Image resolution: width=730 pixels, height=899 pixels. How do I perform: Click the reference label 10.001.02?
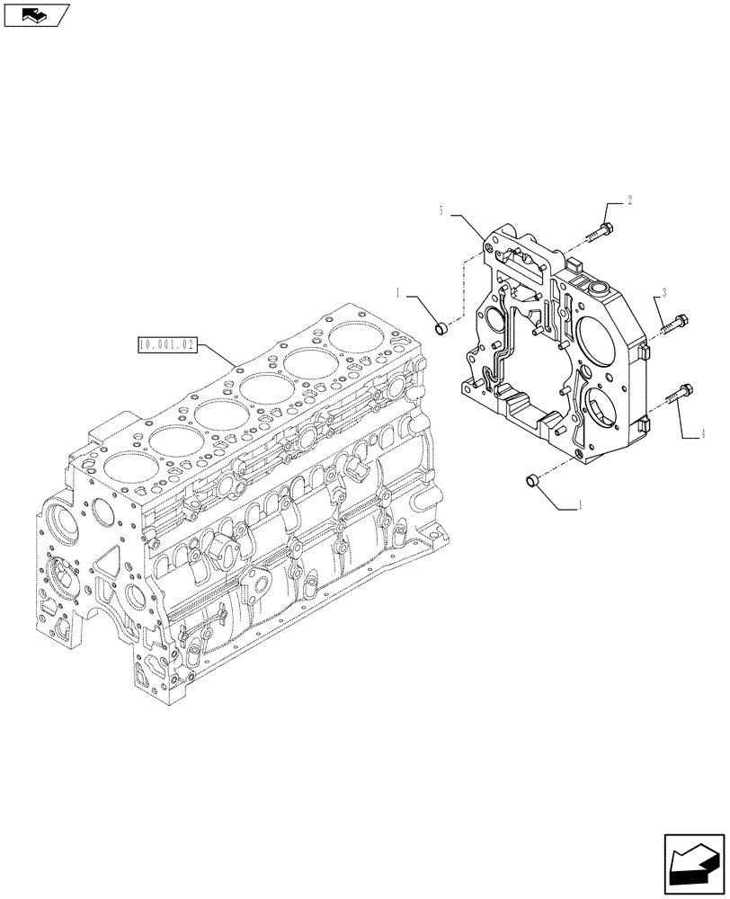point(166,343)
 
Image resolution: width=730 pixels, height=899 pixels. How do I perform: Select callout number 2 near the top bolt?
point(629,201)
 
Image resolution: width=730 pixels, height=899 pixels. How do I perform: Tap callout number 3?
point(663,291)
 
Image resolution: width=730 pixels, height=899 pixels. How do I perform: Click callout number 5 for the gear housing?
point(441,210)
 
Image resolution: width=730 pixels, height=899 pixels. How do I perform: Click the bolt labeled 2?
point(601,228)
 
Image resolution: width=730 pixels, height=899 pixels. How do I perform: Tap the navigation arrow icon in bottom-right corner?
point(693,864)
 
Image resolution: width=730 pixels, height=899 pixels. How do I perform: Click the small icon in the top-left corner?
point(36,14)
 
